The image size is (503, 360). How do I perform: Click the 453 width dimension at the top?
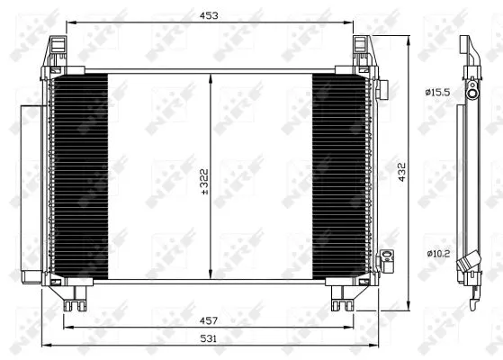(209, 15)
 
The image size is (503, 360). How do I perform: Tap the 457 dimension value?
(210, 319)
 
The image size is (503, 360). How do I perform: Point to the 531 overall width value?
(210, 337)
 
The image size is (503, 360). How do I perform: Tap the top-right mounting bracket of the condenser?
(363, 52)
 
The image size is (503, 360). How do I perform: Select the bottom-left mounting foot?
(72, 297)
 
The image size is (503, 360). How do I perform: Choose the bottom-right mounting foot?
(343, 297)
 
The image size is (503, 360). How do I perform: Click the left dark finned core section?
(78, 176)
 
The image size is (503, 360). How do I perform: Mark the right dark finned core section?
(340, 176)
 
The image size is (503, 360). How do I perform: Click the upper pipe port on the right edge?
(381, 89)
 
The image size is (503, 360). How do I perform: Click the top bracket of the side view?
(464, 47)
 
